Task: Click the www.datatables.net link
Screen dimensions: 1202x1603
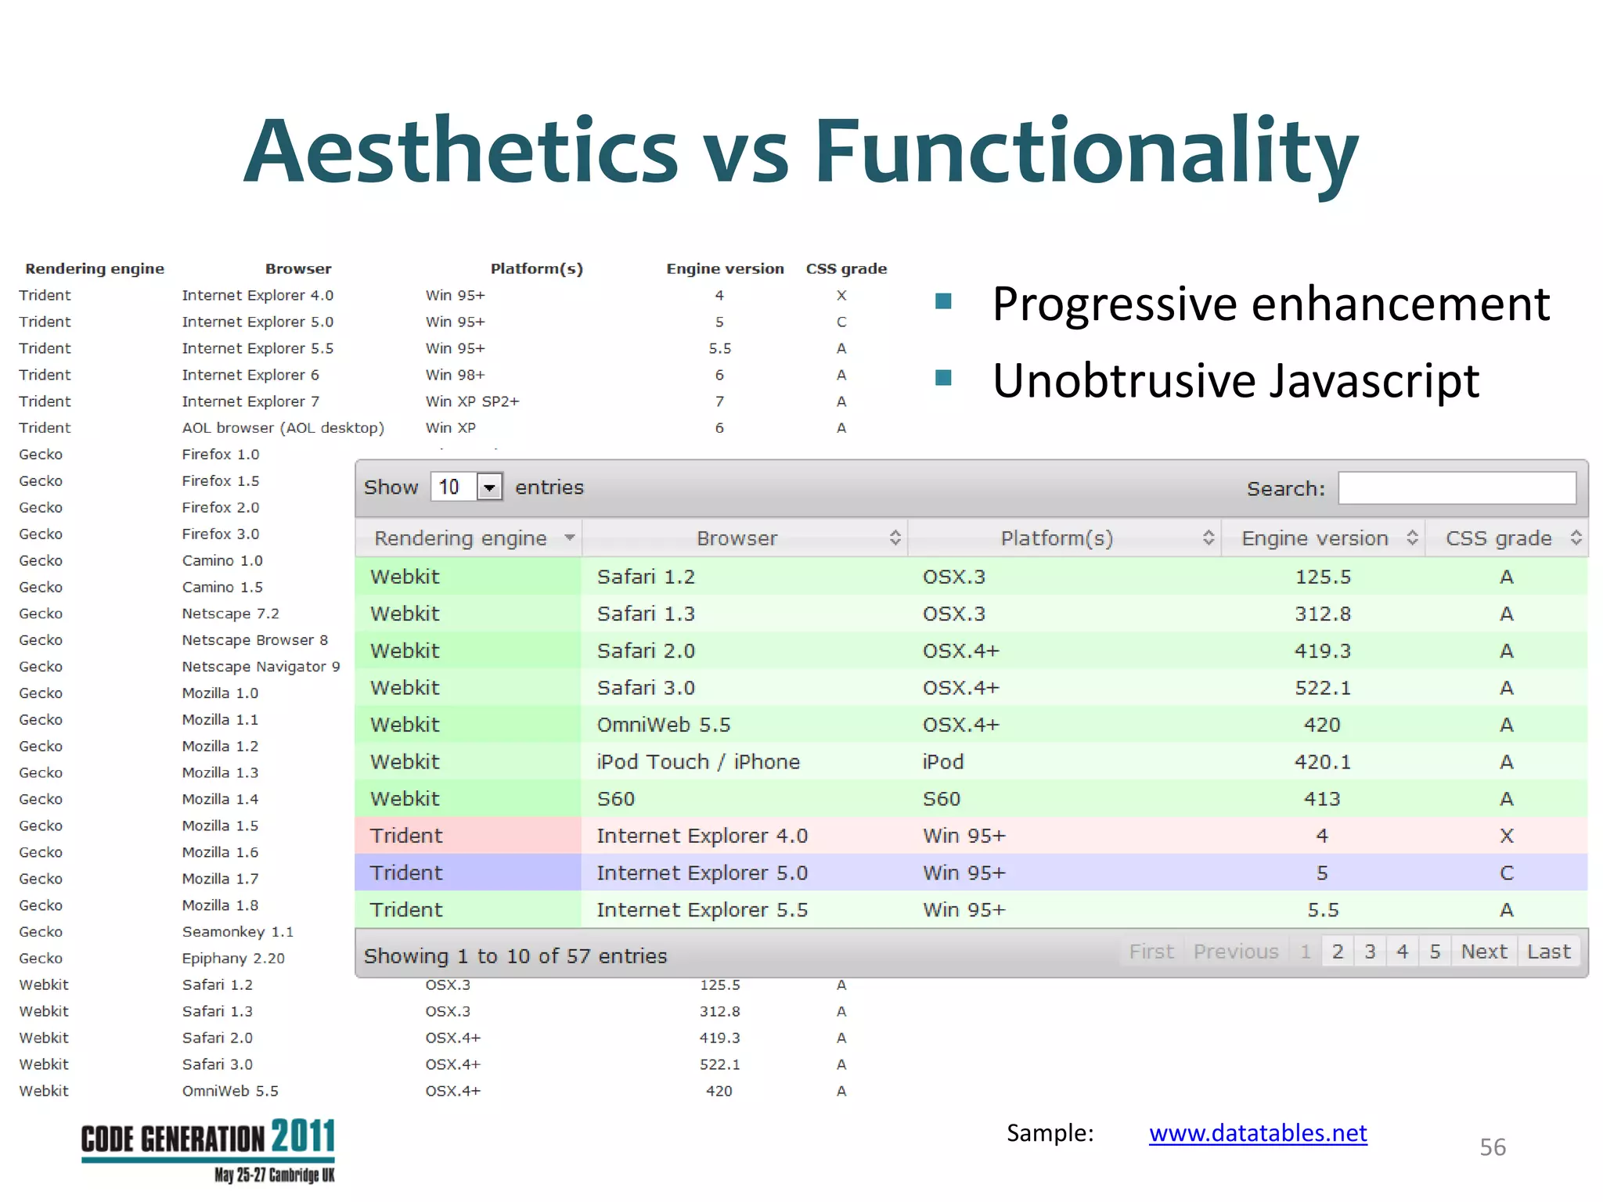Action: (1257, 1133)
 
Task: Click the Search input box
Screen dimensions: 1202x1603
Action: (1456, 488)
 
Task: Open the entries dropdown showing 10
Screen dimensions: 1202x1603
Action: (489, 488)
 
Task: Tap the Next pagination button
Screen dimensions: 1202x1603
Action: (1483, 952)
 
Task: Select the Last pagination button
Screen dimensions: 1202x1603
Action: (1548, 952)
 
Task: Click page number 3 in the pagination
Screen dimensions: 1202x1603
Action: (1370, 952)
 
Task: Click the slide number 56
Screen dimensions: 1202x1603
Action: (1492, 1147)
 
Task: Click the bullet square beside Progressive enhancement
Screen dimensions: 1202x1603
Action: (943, 301)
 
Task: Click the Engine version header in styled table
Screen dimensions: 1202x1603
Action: (1314, 538)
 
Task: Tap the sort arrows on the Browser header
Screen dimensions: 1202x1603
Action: (895, 538)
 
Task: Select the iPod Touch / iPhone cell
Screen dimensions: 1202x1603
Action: (697, 761)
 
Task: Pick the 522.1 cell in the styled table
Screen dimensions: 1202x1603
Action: (1322, 688)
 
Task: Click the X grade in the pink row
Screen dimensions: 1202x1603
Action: (1506, 836)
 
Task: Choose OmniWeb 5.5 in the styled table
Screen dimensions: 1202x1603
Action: (663, 725)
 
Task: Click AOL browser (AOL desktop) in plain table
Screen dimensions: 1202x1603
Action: (283, 428)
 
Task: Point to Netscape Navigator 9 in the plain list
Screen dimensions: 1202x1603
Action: (261, 667)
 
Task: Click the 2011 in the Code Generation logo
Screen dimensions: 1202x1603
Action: (303, 1137)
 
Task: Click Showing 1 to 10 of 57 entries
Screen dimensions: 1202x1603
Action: (515, 956)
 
